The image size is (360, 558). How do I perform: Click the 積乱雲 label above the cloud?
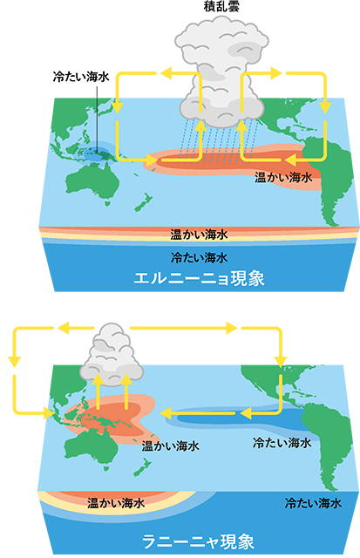(x=221, y=6)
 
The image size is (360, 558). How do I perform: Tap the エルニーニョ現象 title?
(x=200, y=279)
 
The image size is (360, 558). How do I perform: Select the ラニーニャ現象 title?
(x=199, y=542)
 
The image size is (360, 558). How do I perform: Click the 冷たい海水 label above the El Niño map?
(x=81, y=77)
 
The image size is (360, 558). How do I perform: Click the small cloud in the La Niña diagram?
(x=112, y=355)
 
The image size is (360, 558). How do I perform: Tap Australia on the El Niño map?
(x=92, y=182)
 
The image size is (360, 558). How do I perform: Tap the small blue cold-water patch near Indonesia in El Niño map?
(x=98, y=154)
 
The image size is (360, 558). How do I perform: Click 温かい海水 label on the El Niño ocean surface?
(x=282, y=177)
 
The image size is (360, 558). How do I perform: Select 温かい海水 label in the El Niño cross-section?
(x=199, y=235)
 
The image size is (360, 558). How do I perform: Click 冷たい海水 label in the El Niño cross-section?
(x=200, y=257)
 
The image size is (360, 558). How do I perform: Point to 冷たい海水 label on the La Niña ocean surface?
(x=282, y=443)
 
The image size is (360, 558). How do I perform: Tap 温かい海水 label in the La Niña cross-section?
(x=116, y=503)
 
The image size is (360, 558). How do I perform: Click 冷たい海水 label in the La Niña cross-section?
(x=313, y=503)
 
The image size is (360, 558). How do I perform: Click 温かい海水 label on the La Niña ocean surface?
(x=170, y=446)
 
